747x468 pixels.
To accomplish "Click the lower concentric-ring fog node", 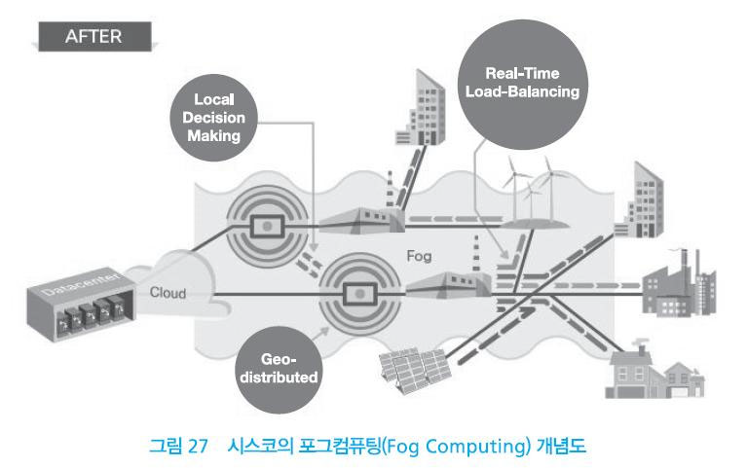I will [356, 291].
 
